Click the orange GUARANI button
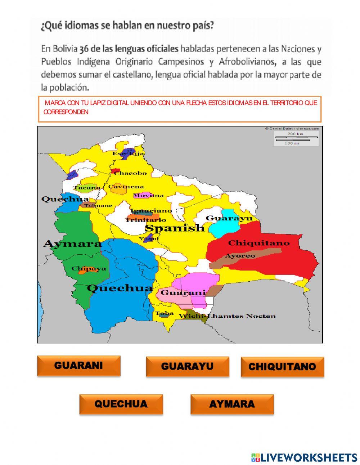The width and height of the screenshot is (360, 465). point(78,366)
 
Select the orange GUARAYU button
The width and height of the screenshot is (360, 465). point(187,367)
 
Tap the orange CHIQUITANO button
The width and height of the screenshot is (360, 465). point(282,367)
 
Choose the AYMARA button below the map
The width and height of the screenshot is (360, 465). point(232,404)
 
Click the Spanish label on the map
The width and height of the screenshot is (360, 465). point(175,228)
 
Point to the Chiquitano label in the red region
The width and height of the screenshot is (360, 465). point(258,243)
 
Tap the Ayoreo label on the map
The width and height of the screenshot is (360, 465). point(240,256)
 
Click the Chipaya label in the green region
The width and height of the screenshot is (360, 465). point(89,268)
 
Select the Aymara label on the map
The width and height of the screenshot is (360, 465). point(72,244)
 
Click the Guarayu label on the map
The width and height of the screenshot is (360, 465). point(229,218)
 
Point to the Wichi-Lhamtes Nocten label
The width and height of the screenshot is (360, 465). point(227,316)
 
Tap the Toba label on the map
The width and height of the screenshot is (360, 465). point(165,313)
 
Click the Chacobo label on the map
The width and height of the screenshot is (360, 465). point(130,173)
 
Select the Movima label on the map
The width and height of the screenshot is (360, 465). point(149,196)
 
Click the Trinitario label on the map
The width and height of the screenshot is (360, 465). point(146,219)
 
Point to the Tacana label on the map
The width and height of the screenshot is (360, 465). point(87,188)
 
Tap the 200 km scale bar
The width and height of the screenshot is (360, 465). point(296,137)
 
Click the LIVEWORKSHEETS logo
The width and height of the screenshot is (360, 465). point(304,457)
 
